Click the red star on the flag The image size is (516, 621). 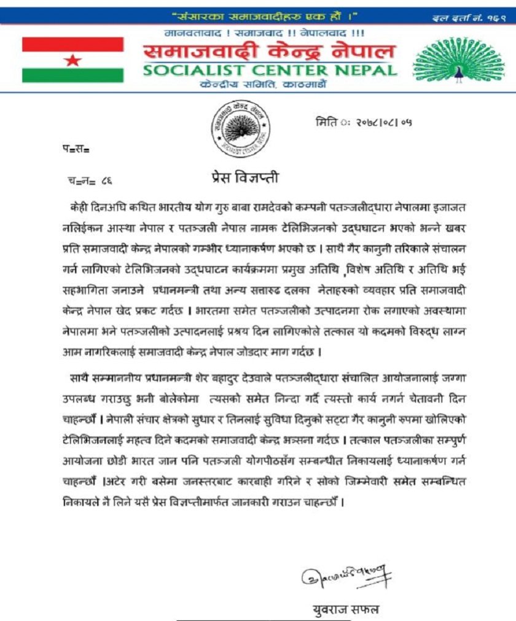(72, 60)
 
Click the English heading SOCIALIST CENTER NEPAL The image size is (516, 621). (270, 70)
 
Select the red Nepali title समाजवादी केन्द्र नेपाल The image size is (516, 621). (270, 52)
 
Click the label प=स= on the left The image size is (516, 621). (76, 149)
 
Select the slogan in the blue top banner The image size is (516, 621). (264, 15)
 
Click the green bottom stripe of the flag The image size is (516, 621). (72, 76)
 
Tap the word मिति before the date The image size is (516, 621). (326, 122)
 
